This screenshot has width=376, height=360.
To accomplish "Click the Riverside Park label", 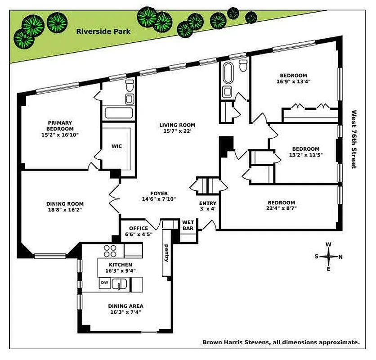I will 103,31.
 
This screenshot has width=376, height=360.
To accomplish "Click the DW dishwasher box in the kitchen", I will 104,283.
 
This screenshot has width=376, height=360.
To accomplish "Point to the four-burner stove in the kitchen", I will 111,250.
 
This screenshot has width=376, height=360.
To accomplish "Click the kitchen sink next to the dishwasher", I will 119,284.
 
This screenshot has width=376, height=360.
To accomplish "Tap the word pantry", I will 166,253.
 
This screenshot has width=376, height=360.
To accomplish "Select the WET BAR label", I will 188,225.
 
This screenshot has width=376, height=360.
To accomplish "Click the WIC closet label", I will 116,146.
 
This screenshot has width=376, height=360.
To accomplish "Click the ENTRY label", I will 208,203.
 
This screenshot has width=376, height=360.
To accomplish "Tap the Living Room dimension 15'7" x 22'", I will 177,131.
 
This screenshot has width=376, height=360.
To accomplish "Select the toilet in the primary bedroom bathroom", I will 129,85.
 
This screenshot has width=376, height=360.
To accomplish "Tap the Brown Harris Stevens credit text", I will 281,342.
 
